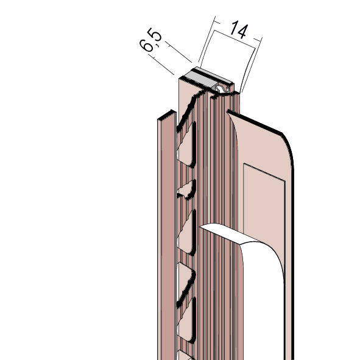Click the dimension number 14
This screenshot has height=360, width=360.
(x=239, y=29)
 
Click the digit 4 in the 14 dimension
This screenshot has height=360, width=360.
(x=242, y=31)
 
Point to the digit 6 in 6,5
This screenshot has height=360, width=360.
(x=146, y=45)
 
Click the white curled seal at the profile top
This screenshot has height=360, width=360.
(x=222, y=88)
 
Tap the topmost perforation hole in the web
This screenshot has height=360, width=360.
(x=186, y=144)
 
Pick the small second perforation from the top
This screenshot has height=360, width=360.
(x=187, y=189)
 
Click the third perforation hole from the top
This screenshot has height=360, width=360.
(x=186, y=232)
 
